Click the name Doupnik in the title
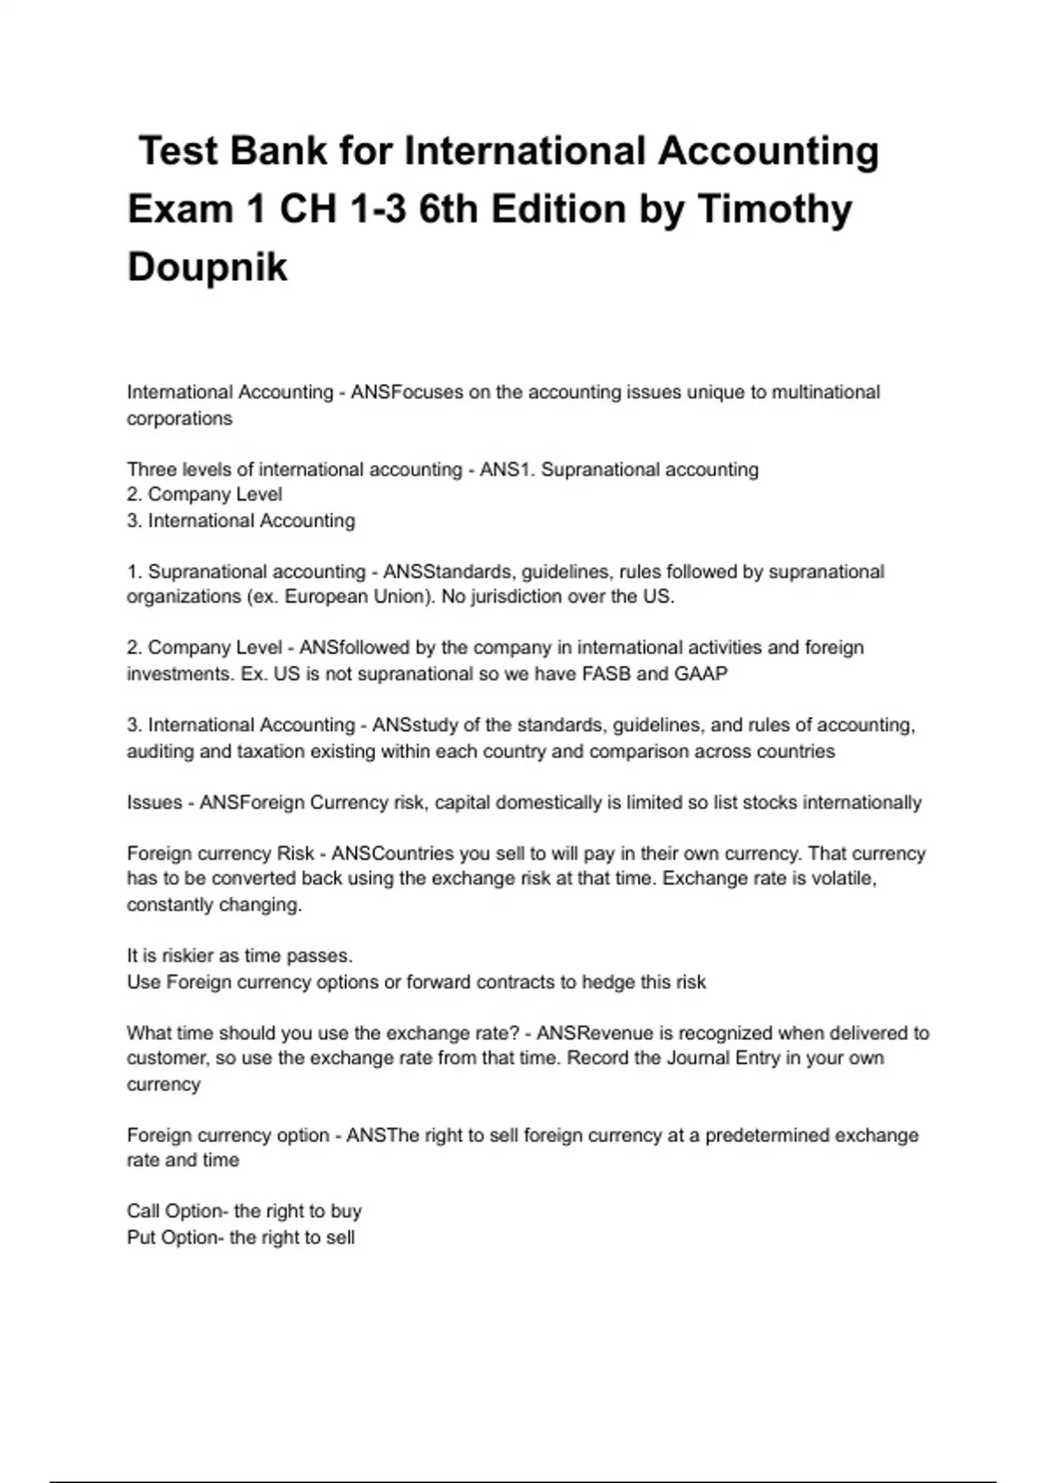[x=207, y=267]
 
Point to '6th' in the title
[x=448, y=209]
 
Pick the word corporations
[x=180, y=419]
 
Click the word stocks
[x=769, y=803]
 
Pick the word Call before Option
[x=143, y=1212]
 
